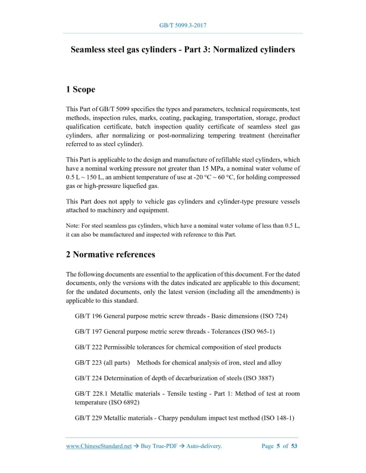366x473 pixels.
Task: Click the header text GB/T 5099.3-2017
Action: (x=182, y=25)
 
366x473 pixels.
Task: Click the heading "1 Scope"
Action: (x=81, y=90)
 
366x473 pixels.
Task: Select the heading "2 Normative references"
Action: (x=110, y=255)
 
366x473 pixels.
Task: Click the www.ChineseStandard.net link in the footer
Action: (x=99, y=446)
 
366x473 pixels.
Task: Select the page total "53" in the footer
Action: (x=294, y=446)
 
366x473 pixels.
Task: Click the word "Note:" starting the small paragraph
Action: (x=74, y=226)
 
